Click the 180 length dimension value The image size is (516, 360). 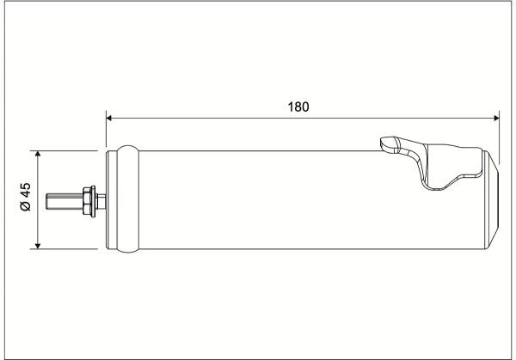click(x=298, y=107)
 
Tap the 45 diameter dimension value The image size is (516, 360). click(x=25, y=191)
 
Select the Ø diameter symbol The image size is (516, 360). click(x=25, y=206)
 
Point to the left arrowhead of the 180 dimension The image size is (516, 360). click(x=109, y=118)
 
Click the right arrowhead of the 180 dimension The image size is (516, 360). click(x=496, y=118)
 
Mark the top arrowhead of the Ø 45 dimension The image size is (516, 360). click(x=38, y=154)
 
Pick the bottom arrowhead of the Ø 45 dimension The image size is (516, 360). click(x=38, y=246)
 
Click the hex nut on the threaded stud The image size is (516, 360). click(x=87, y=201)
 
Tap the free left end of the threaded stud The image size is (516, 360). click(x=46, y=201)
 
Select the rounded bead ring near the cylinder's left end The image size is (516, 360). click(x=128, y=199)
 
